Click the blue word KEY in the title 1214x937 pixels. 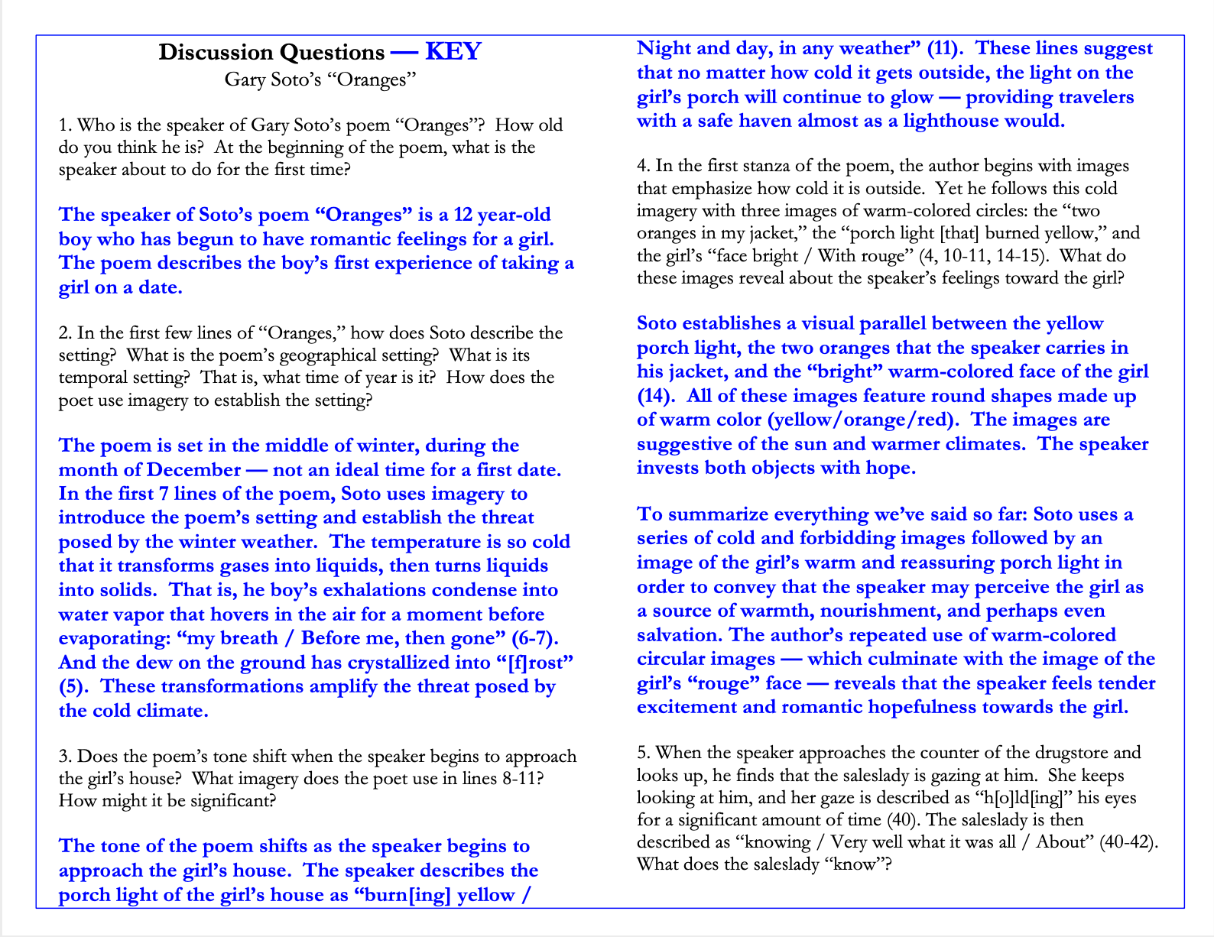(x=453, y=51)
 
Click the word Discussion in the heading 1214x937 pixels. (x=216, y=52)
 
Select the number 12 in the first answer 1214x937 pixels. (x=463, y=215)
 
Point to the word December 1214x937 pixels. (x=193, y=470)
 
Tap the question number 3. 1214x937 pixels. (x=64, y=757)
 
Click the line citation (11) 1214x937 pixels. (x=945, y=48)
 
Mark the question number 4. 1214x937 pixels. (x=643, y=167)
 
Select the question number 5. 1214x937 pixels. (x=643, y=753)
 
